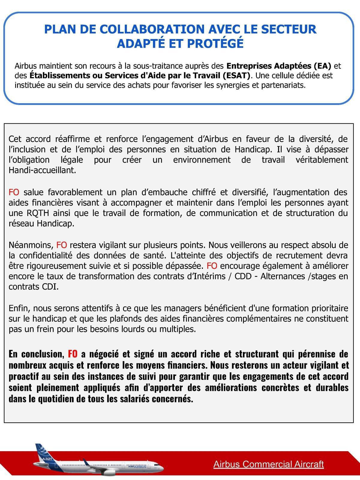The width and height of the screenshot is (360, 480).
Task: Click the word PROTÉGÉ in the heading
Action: coord(218,43)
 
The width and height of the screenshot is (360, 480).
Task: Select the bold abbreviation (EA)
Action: coord(322,66)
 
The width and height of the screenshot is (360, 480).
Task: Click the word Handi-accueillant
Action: coord(42,170)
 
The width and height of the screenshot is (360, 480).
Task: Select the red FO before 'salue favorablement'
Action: coord(14,192)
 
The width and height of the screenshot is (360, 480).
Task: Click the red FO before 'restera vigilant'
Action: coord(61,245)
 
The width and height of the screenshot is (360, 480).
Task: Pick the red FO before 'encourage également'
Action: coord(212,266)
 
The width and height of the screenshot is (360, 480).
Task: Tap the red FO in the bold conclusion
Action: coord(73,354)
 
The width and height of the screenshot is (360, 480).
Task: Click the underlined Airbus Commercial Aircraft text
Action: coord(268,464)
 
